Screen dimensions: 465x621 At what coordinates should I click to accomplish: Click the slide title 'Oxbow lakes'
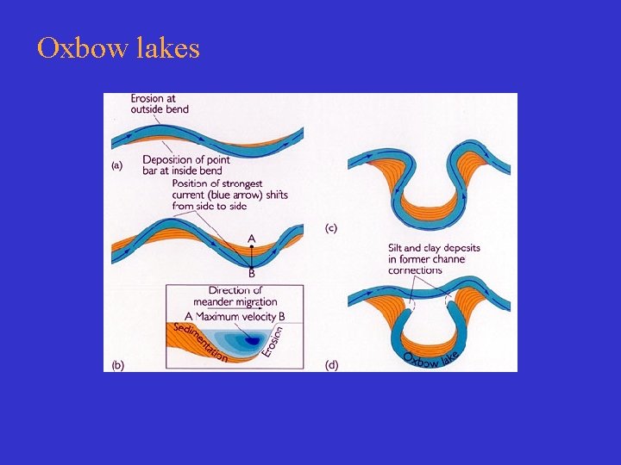tap(118, 48)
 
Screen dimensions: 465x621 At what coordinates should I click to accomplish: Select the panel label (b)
tap(118, 364)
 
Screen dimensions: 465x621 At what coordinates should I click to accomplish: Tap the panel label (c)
tap(331, 228)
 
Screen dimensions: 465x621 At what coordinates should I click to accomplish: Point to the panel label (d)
tap(332, 364)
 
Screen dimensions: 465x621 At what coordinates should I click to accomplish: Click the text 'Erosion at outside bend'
tap(160, 104)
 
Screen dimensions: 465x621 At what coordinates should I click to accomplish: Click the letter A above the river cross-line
tap(251, 239)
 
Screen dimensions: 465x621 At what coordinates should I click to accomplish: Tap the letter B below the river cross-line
tap(252, 274)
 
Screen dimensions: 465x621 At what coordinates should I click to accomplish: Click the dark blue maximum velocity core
tap(254, 341)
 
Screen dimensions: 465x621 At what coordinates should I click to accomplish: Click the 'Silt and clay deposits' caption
tap(434, 248)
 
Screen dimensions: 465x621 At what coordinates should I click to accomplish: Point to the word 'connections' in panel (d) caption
tap(415, 270)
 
